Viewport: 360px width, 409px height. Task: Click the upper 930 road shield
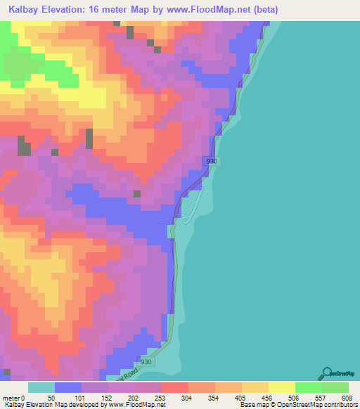tap(212, 161)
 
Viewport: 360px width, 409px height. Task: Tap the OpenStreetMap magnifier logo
tap(326, 372)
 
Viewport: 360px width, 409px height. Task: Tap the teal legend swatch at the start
tap(41, 387)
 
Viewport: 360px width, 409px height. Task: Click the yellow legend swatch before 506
tap(281, 387)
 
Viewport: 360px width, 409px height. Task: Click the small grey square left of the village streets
tap(137, 194)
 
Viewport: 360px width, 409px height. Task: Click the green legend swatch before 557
tap(308, 387)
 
